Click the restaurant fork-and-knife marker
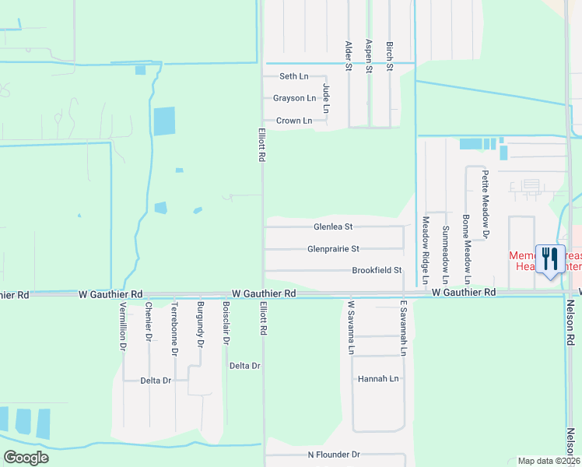coord(551,258)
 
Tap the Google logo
coord(26,458)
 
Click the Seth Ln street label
coord(294,76)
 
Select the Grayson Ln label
coord(295,98)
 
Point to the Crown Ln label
coord(294,121)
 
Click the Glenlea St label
coord(333,227)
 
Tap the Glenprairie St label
coord(333,249)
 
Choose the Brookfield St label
coord(376,270)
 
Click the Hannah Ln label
coord(378,379)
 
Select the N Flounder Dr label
coord(334,455)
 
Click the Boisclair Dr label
coord(226,323)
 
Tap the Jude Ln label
coord(327,97)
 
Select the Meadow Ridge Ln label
coord(426,250)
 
